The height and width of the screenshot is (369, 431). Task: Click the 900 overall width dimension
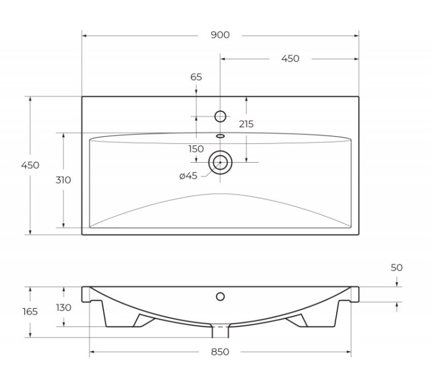click(220, 35)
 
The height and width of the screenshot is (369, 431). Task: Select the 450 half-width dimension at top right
click(290, 59)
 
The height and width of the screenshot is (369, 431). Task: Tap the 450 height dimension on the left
click(30, 165)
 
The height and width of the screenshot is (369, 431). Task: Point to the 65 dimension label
click(196, 77)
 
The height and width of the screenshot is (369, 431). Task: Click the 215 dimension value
click(246, 124)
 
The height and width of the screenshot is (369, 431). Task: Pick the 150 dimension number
click(196, 149)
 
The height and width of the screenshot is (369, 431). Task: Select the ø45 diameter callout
click(188, 176)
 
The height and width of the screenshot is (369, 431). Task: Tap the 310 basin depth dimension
click(63, 180)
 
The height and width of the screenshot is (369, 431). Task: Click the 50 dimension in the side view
click(397, 267)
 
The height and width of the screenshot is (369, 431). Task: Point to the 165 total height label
click(30, 312)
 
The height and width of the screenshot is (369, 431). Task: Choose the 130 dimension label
click(63, 307)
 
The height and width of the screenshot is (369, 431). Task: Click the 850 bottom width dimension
click(220, 352)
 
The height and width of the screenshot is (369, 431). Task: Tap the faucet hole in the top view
click(220, 116)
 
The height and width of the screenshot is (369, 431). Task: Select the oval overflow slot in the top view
click(220, 136)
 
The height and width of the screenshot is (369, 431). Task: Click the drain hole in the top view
click(220, 163)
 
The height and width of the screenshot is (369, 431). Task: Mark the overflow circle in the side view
click(220, 297)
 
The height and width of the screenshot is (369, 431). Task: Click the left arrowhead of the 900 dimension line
click(84, 36)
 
